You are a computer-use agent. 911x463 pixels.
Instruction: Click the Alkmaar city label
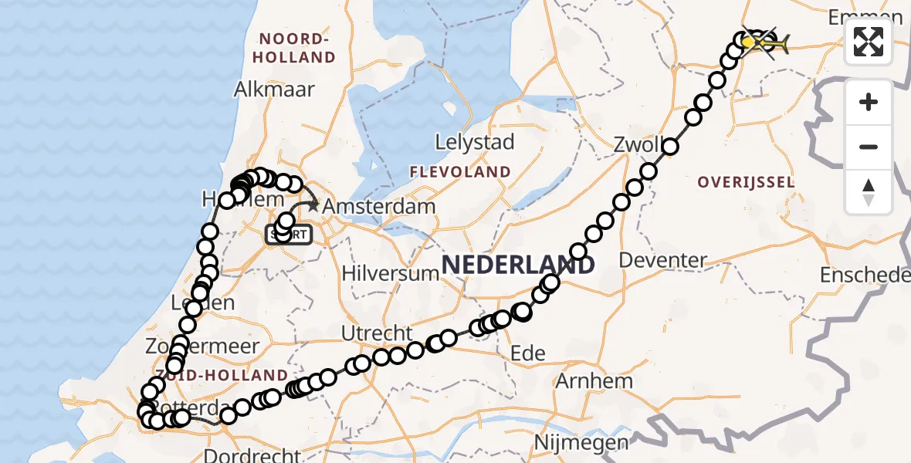274,90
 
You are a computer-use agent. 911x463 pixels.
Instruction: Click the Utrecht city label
378,333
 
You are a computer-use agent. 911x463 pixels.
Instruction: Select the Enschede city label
865,275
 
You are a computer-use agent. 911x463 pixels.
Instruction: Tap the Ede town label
529,353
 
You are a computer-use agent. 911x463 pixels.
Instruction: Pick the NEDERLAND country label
518,265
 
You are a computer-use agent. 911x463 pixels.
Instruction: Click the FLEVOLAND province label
460,171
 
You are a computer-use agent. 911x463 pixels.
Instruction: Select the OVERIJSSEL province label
745,182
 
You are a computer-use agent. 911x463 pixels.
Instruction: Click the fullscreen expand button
869,42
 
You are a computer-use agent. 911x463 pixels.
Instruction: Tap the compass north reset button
869,192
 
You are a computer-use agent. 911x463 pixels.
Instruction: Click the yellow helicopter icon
772,43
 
